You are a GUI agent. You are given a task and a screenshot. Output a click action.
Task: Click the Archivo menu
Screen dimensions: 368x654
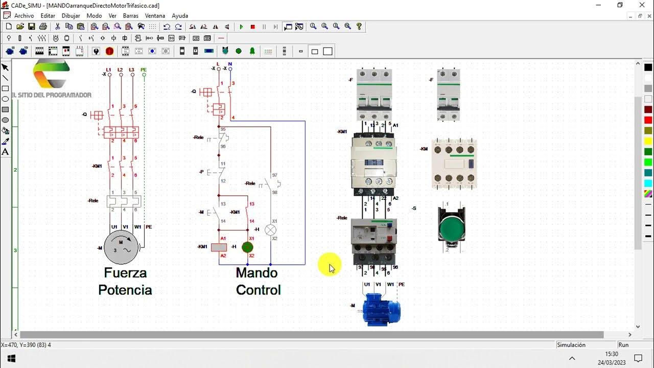pos(24,16)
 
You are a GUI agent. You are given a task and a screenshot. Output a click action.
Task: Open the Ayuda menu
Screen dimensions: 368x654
pos(180,16)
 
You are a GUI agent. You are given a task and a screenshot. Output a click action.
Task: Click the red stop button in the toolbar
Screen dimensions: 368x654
pos(252,27)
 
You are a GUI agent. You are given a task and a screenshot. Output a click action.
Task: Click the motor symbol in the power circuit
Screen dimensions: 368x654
pos(121,248)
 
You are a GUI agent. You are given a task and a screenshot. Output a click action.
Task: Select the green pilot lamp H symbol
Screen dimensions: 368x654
pos(247,247)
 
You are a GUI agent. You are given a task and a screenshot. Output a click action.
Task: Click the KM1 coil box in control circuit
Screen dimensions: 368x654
pos(219,247)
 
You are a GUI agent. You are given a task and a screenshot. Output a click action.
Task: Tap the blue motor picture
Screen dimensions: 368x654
pos(381,310)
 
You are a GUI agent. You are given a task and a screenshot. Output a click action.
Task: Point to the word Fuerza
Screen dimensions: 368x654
pos(125,273)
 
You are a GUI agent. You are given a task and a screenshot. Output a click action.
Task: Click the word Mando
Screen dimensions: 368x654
pos(256,273)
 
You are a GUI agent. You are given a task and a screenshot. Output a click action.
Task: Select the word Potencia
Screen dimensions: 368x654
pos(125,290)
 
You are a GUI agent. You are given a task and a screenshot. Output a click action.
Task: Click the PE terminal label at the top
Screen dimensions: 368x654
pos(144,70)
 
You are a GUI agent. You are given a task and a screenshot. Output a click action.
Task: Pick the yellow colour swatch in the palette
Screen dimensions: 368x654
pos(648,141)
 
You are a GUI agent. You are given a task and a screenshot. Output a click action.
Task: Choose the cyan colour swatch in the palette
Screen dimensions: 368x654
pos(648,183)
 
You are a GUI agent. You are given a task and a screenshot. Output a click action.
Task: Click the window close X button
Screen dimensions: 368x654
pos(642,5)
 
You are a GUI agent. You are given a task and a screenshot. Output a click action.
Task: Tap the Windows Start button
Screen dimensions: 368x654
pos(11,358)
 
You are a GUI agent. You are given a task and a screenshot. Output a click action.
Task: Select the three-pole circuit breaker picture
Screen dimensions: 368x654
pos(375,95)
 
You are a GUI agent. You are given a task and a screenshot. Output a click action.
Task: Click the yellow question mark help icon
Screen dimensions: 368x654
pos(359,27)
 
